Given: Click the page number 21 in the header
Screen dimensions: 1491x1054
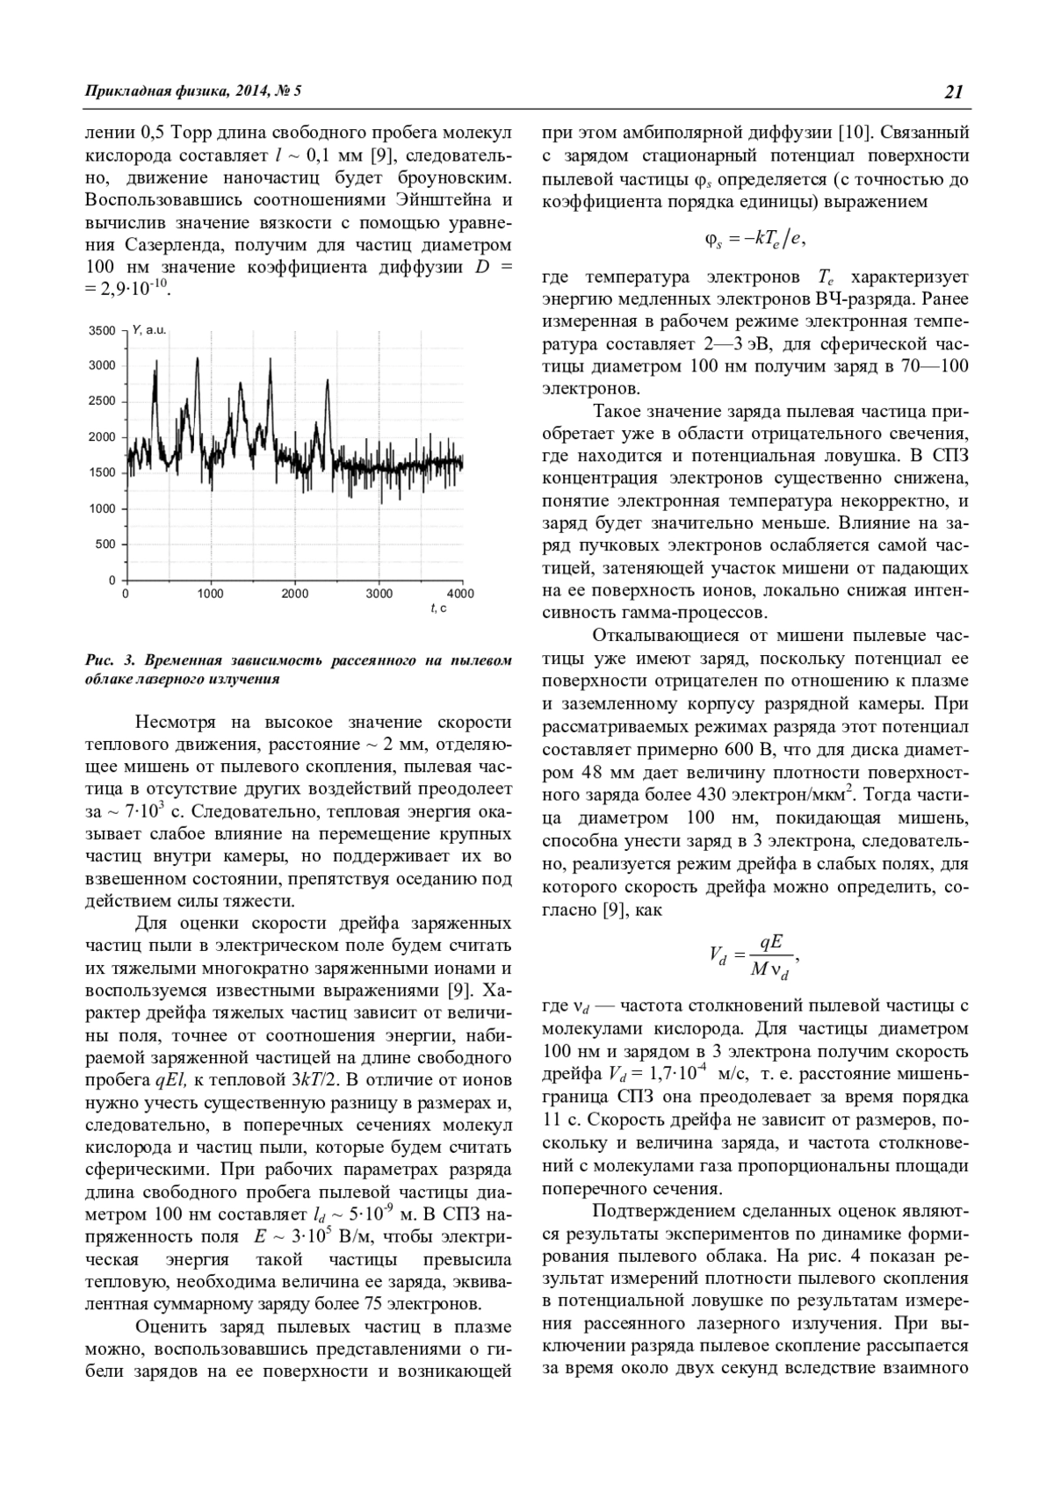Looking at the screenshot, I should pyautogui.click(x=955, y=91).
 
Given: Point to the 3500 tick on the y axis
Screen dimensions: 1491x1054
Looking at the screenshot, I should pyautogui.click(x=104, y=331).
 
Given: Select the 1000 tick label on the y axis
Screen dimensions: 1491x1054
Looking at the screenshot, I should pyautogui.click(x=104, y=509).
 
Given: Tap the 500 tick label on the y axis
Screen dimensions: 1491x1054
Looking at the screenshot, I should pyautogui.click(x=107, y=544).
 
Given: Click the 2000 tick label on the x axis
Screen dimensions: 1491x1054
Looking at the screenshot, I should pyautogui.click(x=295, y=594).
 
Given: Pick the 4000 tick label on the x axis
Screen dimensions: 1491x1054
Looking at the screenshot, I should pyautogui.click(x=461, y=594).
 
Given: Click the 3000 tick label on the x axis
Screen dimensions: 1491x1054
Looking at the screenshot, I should pyautogui.click(x=379, y=594).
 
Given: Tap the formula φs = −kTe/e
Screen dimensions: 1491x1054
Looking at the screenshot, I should pyautogui.click(x=754, y=239).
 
